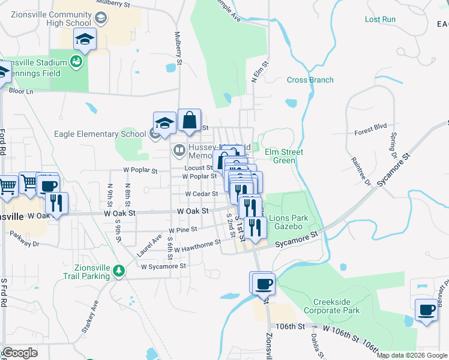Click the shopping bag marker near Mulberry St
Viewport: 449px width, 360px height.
click(x=189, y=121)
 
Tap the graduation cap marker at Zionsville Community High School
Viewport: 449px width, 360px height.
click(x=85, y=40)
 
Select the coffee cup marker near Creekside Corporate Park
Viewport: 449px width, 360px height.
click(x=263, y=283)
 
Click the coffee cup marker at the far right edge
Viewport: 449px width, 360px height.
click(x=427, y=310)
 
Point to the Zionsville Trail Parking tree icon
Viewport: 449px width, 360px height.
click(x=119, y=271)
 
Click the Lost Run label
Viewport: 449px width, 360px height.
click(x=381, y=19)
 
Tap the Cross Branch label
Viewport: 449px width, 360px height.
click(x=310, y=80)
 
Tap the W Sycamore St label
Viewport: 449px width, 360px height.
click(x=163, y=266)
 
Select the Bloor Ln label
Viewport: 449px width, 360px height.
click(x=21, y=91)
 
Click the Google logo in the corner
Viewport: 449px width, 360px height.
click(x=20, y=353)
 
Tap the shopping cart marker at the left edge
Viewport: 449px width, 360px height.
click(x=7, y=186)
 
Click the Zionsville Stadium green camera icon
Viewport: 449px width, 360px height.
click(x=76, y=61)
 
